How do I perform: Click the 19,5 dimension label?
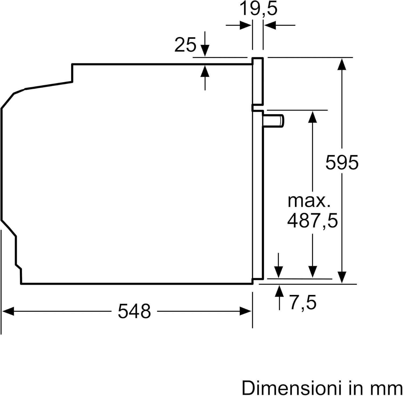pyautogui.click(x=258, y=9)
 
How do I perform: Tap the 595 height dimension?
pyautogui.click(x=342, y=162)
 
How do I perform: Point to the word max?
pyautogui.click(x=309, y=201)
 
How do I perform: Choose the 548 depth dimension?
pyautogui.click(x=134, y=311)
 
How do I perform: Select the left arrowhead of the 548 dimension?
pyautogui.click(x=8, y=312)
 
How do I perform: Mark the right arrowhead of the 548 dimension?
pyautogui.click(x=246, y=312)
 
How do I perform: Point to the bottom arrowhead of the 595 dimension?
pyautogui.click(x=342, y=277)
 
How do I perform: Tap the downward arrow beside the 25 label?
pyautogui.click(x=205, y=44)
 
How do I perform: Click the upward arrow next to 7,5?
pyautogui.click(x=279, y=298)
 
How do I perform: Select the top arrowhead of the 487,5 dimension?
pyautogui.click(x=312, y=116)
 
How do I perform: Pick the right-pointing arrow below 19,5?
pyautogui.click(x=239, y=26)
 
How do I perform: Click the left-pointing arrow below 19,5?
pyautogui.click(x=279, y=26)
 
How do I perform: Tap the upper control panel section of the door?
pyautogui.click(x=258, y=81)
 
